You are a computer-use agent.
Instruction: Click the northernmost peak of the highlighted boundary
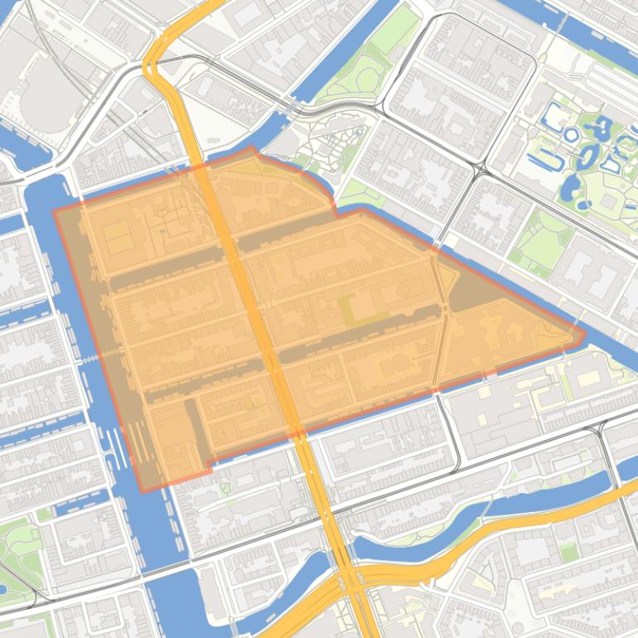(252, 147)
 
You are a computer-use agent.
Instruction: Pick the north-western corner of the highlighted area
(55, 210)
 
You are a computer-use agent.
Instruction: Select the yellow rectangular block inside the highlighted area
(118, 236)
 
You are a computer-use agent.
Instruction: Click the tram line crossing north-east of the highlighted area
(479, 170)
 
